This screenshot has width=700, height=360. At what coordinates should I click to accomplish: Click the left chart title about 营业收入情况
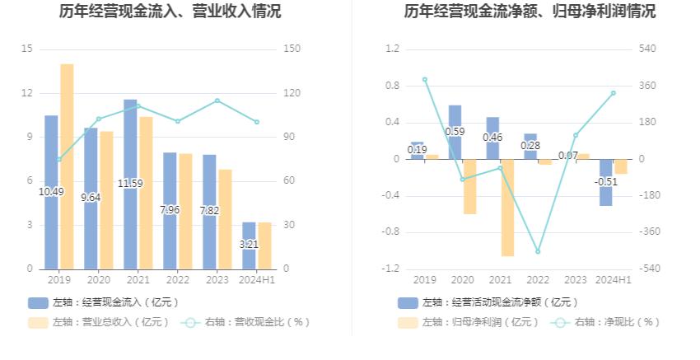(x=170, y=12)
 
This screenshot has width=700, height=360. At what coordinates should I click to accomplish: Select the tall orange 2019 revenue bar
(x=67, y=165)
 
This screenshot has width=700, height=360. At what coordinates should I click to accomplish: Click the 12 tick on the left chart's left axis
(x=27, y=93)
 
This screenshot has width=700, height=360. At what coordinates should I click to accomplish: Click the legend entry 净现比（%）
(x=609, y=322)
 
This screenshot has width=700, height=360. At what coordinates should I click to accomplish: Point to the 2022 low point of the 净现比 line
(x=538, y=251)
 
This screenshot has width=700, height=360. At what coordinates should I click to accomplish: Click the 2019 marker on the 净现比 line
(x=425, y=80)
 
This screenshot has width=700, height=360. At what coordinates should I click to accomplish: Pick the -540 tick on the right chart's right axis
(x=649, y=269)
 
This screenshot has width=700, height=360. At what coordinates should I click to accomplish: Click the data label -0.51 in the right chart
(x=606, y=182)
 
